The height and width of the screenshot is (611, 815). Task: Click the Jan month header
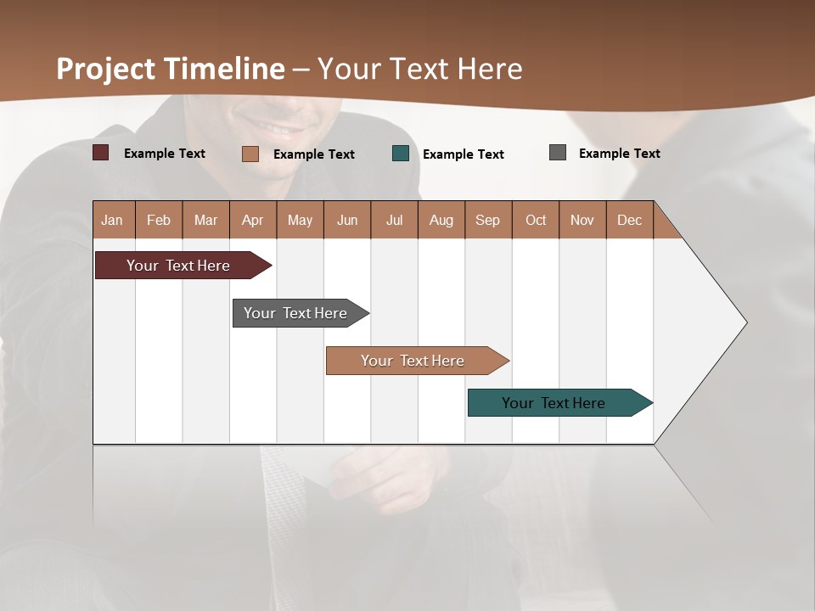point(113,220)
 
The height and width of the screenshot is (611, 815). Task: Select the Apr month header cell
point(253,220)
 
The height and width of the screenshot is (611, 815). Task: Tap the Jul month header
point(394,220)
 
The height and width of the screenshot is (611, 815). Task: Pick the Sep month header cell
point(487,220)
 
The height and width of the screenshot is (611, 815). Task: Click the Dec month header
point(629,220)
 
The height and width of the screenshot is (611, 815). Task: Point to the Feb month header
point(159,220)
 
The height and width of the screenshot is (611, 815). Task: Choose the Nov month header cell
point(582,220)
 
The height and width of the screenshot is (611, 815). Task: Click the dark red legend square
point(100,153)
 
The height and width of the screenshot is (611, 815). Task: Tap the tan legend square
point(250,154)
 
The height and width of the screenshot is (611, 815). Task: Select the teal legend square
point(401,154)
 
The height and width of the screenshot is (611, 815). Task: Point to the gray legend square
point(558,153)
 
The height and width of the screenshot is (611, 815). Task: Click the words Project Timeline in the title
point(170,69)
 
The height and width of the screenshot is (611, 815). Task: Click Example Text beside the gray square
point(619,154)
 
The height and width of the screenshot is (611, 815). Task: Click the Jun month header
point(347,220)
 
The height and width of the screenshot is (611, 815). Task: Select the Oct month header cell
point(536,220)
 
